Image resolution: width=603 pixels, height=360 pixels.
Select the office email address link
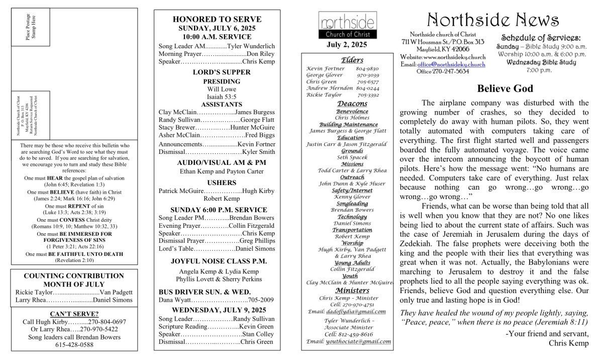tap(451, 64)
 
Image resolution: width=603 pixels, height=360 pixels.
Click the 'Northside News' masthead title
tap(492, 20)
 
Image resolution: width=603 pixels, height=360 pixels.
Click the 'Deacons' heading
tap(352, 104)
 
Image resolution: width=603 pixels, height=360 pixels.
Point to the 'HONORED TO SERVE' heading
tap(217, 19)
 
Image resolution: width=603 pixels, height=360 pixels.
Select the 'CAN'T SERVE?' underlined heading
tap(74, 314)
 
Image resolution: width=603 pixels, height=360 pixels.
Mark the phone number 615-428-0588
tap(74, 344)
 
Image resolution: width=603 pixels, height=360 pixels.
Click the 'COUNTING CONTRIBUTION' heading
tap(74, 276)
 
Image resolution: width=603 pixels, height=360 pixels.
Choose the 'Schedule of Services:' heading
tap(541, 38)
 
